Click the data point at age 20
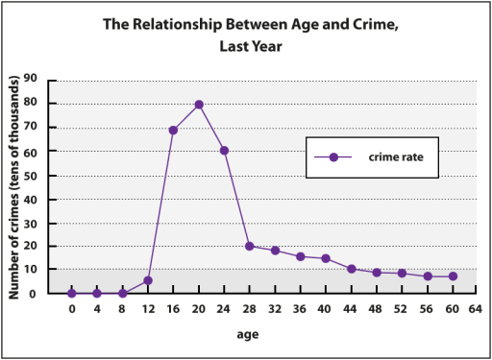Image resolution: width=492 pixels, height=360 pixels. tap(199, 105)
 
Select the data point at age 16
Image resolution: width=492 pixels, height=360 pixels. tap(174, 131)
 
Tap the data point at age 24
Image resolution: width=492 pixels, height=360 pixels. tap(224, 150)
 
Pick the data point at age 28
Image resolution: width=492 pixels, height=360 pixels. tap(250, 246)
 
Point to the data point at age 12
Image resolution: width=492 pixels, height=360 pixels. tap(148, 280)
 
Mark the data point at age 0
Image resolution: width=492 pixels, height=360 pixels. tap(72, 293)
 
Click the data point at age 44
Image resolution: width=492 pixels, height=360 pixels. tap(352, 269)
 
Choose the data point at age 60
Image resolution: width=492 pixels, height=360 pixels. tap(453, 276)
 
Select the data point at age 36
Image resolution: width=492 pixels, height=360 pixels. tap(301, 256)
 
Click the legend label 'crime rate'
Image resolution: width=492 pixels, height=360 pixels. tap(389, 157)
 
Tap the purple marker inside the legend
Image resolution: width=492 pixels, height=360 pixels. tap(333, 157)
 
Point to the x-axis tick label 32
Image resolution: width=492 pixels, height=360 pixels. tap(275, 310)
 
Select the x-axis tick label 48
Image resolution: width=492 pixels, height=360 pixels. tap(377, 310)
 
